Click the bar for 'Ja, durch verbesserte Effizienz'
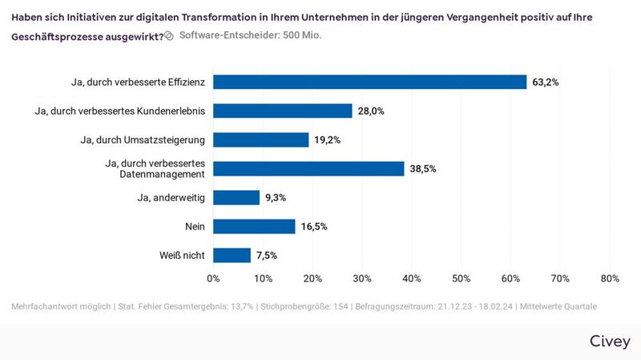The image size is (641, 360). point(369,82)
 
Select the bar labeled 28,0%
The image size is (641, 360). point(282,111)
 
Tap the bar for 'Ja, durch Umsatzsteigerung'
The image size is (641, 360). point(260,140)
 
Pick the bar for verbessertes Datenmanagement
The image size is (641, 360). point(308,168)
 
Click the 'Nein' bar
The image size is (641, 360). point(254,226)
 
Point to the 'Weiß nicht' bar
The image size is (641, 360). point(232,255)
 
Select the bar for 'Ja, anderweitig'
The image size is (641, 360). point(236,197)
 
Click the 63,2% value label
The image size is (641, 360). point(546,82)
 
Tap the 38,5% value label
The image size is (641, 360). point(423,168)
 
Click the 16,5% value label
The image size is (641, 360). point(314,226)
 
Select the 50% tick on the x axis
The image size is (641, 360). point(461,278)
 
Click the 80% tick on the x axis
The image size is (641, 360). point(610,278)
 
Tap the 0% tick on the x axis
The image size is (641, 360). point(213,278)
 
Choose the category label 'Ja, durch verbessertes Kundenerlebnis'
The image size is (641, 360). point(120,111)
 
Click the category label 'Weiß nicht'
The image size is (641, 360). point(183,255)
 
